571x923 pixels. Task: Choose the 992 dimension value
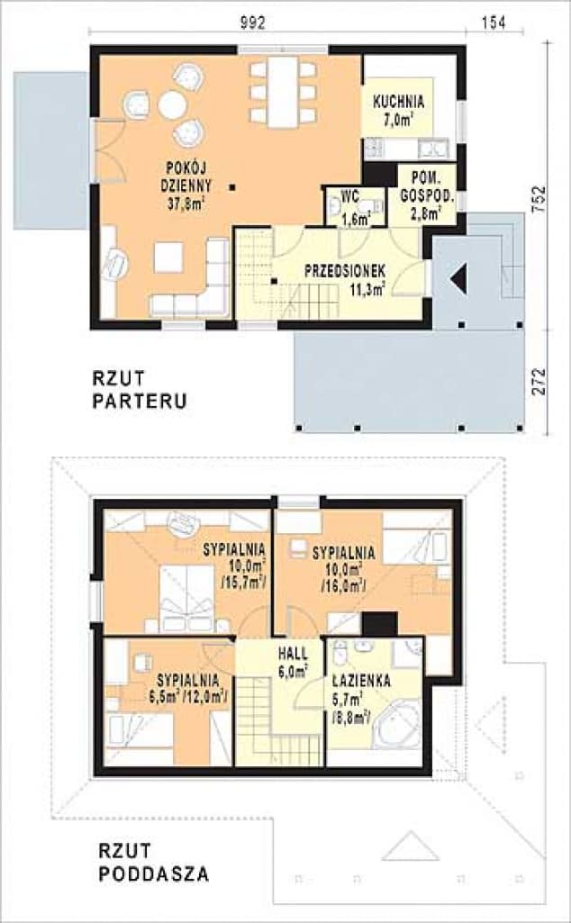tap(254, 24)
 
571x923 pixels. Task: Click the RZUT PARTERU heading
tap(140, 389)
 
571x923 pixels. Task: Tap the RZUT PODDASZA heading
tap(152, 862)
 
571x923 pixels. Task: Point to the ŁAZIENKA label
tap(360, 682)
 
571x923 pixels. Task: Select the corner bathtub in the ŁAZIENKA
tap(396, 727)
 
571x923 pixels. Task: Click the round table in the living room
tap(172, 105)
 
